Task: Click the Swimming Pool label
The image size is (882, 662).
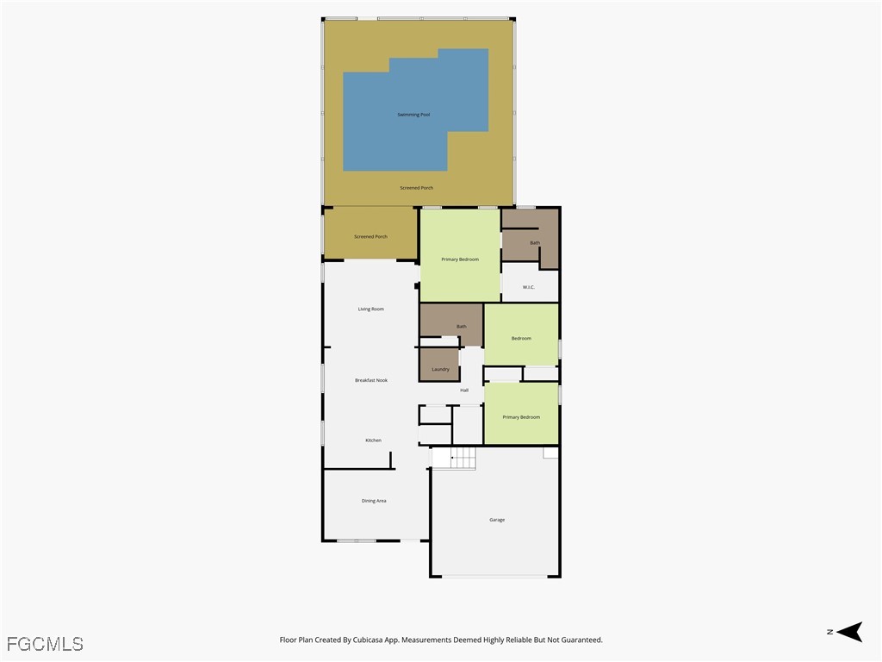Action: [x=413, y=115]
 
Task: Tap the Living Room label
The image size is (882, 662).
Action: [x=371, y=309]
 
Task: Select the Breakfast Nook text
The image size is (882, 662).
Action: [x=371, y=380]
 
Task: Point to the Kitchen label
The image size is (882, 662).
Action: [x=373, y=440]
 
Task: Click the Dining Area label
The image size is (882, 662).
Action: [x=374, y=501]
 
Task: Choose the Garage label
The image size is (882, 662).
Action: [x=497, y=520]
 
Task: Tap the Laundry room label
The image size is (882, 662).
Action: [x=441, y=369]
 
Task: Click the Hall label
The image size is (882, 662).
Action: [x=464, y=390]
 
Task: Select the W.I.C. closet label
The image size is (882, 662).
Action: [x=529, y=287]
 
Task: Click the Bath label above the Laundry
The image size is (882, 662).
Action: [x=462, y=326]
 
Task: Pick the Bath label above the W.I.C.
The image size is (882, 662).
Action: [x=535, y=243]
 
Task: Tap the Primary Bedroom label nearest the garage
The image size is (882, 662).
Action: [x=521, y=417]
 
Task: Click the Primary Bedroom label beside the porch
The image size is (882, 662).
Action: [x=460, y=259]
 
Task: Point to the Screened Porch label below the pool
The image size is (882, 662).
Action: [x=416, y=188]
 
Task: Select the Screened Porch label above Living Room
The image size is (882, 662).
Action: [x=370, y=236]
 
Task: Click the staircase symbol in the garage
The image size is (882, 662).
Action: [x=454, y=459]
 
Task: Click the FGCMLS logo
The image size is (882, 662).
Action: [x=45, y=644]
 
